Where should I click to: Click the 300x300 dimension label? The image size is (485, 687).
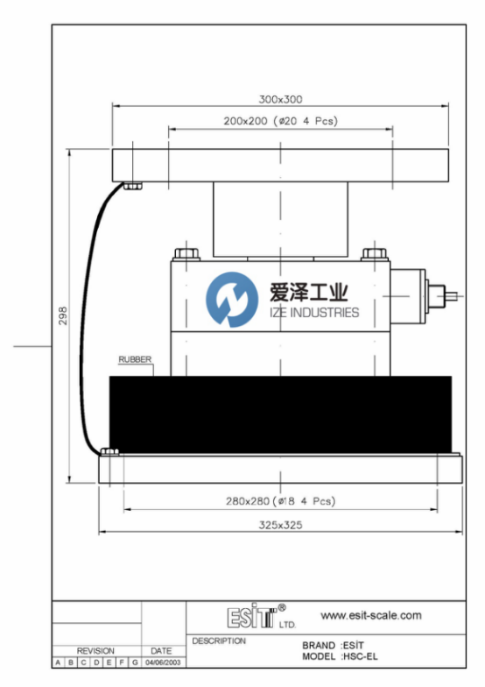280,100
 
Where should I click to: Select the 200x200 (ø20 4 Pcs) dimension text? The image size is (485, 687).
280,121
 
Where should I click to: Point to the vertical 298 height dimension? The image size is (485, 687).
63,315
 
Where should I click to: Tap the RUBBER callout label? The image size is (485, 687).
135,359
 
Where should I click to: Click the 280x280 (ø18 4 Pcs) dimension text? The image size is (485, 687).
280,501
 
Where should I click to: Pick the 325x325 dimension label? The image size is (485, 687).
280,525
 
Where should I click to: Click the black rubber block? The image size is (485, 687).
280,414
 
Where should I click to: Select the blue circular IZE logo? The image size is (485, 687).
232,300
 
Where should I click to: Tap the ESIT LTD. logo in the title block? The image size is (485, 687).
261,616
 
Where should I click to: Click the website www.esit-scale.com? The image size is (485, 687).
371,615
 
